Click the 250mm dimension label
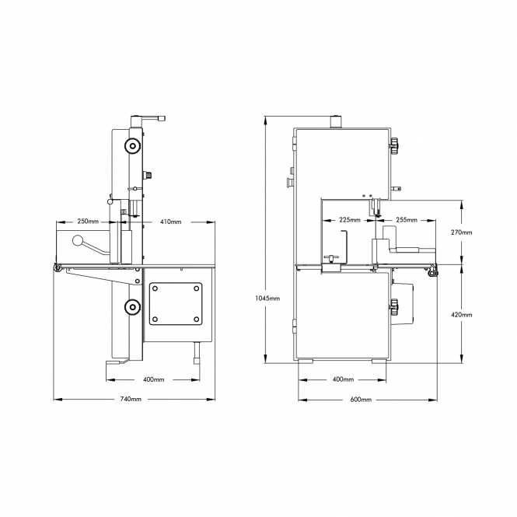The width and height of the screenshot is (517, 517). [x=88, y=222]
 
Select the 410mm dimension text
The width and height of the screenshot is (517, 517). [x=171, y=222]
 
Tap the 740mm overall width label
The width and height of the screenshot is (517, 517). [x=131, y=399]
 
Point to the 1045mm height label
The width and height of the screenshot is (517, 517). [x=267, y=299]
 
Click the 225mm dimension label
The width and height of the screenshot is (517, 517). [x=350, y=220]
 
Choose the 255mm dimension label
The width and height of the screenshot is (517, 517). [x=407, y=220]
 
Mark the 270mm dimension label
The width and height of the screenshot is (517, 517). [x=461, y=232]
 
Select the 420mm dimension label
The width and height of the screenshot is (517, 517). [x=461, y=315]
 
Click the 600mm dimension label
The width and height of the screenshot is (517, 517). [x=361, y=400]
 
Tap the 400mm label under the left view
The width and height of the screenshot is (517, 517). [x=154, y=379]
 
